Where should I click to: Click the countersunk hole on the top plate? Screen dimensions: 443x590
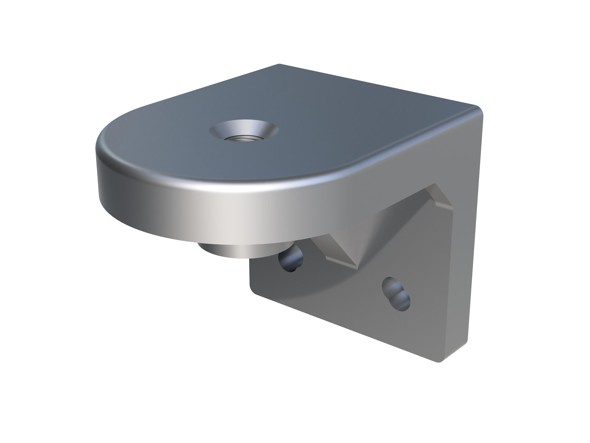pos(244,130)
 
